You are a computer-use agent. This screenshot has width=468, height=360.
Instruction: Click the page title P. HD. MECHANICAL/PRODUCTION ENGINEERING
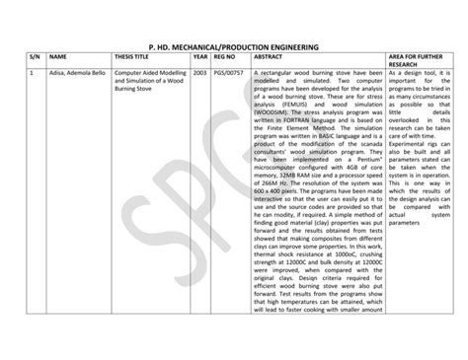point(233,45)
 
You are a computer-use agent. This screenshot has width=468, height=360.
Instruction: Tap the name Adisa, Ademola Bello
point(79,74)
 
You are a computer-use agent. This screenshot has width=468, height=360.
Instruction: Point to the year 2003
point(200,74)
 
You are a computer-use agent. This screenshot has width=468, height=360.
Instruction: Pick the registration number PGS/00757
point(230,74)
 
